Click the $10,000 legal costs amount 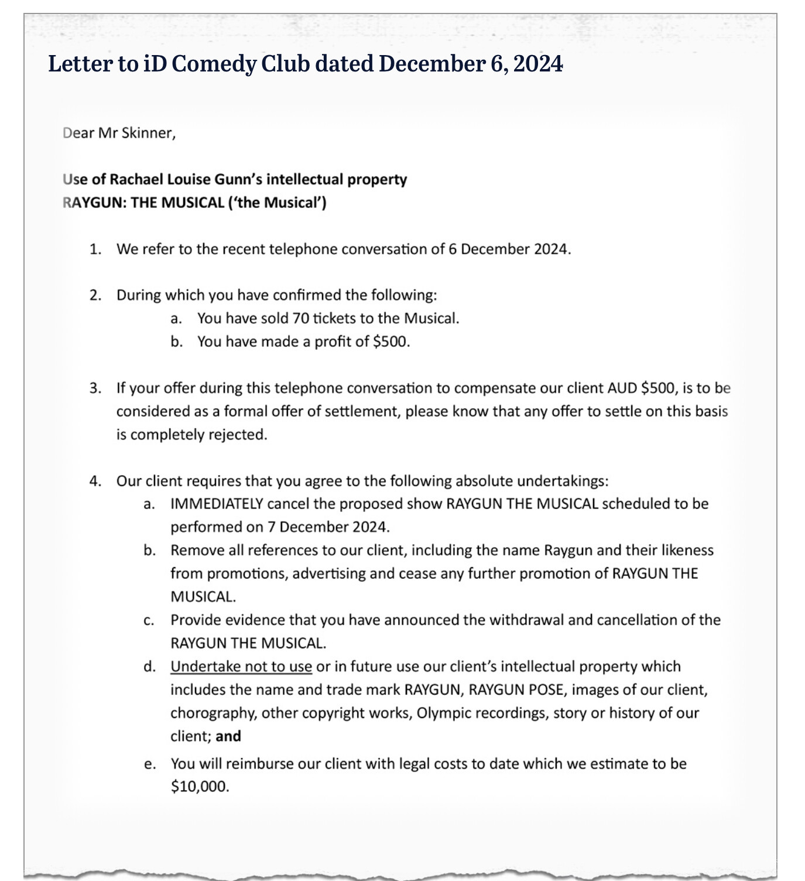tap(200, 786)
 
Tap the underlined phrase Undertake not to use tap(241, 667)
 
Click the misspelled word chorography tap(213, 713)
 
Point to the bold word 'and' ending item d tap(228, 736)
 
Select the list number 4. tap(95, 481)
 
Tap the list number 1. tap(95, 249)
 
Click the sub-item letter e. tap(149, 763)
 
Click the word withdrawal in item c tap(525, 620)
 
